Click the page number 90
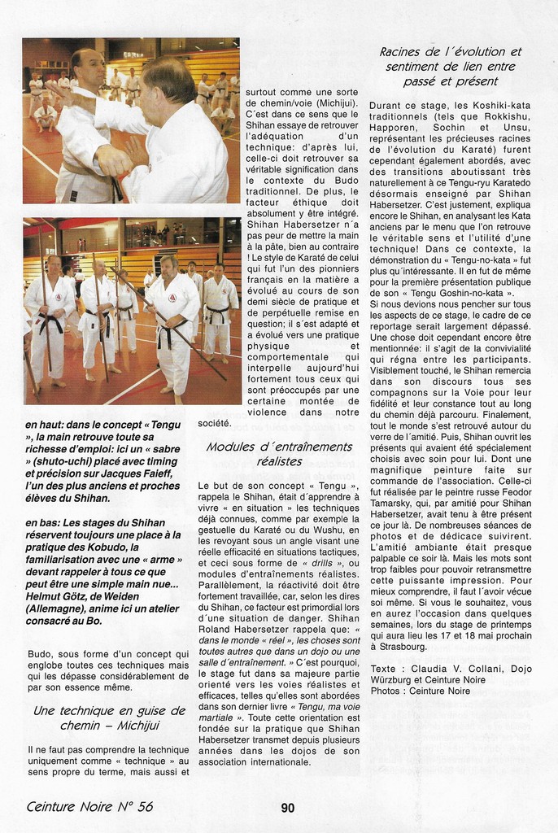288,808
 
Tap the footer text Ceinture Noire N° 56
89,807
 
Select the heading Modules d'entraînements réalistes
279,453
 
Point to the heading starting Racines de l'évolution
450,66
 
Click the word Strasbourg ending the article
399,647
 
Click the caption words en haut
48,424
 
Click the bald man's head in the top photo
87,68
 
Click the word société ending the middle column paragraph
216,423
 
